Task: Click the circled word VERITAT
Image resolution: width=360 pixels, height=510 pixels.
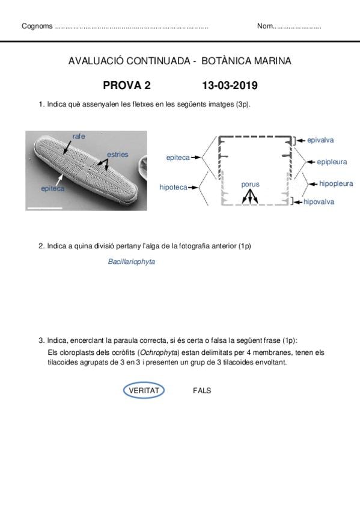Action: click(144, 390)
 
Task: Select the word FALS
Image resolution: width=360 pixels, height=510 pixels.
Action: click(202, 390)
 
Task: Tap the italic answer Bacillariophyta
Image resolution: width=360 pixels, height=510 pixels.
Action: click(131, 262)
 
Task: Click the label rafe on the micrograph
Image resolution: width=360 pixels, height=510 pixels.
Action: click(79, 137)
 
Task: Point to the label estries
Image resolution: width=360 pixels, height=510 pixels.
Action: click(118, 155)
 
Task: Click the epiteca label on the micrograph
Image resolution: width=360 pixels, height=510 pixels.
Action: click(53, 189)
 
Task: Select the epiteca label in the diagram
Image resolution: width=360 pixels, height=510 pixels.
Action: click(178, 158)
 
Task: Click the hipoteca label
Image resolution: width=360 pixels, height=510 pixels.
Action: click(174, 188)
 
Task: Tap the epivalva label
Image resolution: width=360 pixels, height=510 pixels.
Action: click(320, 140)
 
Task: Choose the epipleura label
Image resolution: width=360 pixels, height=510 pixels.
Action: click(332, 162)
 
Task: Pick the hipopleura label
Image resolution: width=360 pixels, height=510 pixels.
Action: click(336, 183)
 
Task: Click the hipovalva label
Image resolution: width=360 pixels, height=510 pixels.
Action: click(319, 201)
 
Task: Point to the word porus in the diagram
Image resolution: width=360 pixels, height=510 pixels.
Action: click(250, 185)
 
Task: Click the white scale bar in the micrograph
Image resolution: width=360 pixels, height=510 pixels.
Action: click(45, 207)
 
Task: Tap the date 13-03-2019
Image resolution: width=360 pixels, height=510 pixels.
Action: click(230, 85)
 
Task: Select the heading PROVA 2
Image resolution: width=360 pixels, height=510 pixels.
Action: click(127, 85)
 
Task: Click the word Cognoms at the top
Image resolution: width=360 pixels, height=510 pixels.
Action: click(37, 26)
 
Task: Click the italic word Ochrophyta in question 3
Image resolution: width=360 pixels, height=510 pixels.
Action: click(159, 352)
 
